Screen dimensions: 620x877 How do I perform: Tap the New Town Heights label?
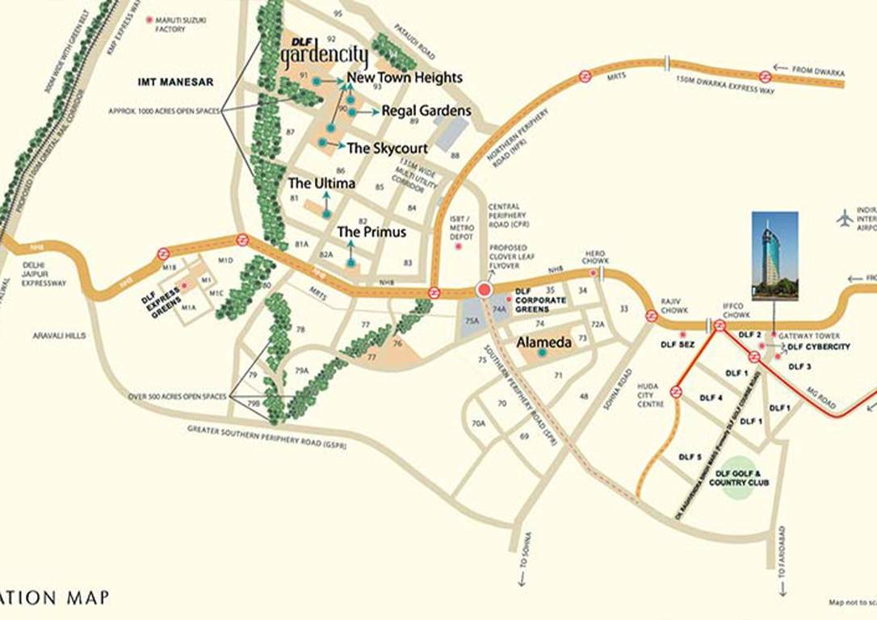(x=405, y=77)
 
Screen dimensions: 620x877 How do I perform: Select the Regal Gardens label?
(x=426, y=111)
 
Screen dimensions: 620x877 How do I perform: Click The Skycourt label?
(x=387, y=149)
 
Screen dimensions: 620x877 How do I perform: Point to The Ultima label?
(x=321, y=184)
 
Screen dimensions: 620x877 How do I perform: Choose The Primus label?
(x=371, y=232)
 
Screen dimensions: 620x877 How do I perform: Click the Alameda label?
(x=544, y=342)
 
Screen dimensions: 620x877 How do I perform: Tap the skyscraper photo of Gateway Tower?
(x=774, y=256)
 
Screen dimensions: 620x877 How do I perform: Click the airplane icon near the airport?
(x=846, y=218)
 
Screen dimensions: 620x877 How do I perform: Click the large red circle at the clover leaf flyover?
(x=485, y=290)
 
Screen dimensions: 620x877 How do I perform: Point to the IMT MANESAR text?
(x=175, y=82)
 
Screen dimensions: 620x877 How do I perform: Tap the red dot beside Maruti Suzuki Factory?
(x=148, y=19)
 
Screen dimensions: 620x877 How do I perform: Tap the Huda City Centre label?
(x=650, y=394)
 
